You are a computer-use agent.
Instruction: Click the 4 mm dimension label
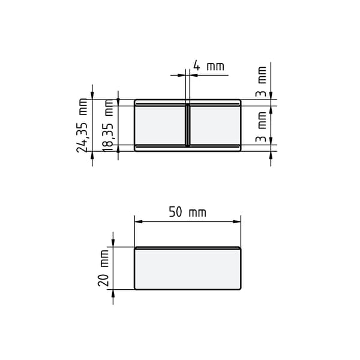pyautogui.click(x=208, y=66)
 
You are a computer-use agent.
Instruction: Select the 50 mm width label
pyautogui.click(x=188, y=212)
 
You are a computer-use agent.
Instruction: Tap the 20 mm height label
pyautogui.click(x=104, y=268)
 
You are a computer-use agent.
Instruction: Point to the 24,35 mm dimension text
pyautogui.click(x=82, y=125)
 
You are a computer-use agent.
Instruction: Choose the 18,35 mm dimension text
pyautogui.click(x=108, y=125)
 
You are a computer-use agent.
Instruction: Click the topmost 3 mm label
pyautogui.click(x=261, y=82)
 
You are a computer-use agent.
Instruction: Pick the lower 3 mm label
pyautogui.click(x=261, y=127)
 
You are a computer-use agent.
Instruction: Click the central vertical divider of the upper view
pyautogui.click(x=188, y=125)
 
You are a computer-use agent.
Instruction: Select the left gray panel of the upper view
pyautogui.click(x=160, y=125)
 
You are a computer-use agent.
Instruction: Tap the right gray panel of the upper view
pyautogui.click(x=215, y=125)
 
